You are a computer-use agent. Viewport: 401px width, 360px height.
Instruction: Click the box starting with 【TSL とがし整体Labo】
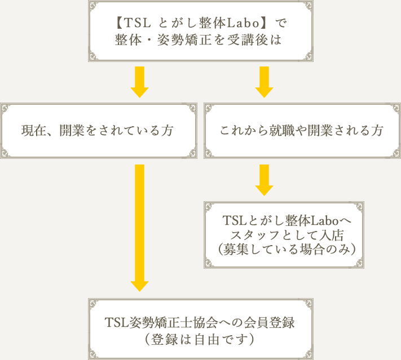pyautogui.click(x=200, y=31)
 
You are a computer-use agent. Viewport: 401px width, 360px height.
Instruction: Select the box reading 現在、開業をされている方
pyautogui.click(x=99, y=131)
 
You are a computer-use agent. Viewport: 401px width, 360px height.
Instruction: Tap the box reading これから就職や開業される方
pyautogui.click(x=302, y=131)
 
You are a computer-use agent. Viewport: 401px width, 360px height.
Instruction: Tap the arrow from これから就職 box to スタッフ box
pyautogui.click(x=264, y=180)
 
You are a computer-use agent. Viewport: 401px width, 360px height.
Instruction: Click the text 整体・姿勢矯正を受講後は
pyautogui.click(x=200, y=41)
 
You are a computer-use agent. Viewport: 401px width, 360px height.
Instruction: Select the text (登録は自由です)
pyautogui.click(x=200, y=339)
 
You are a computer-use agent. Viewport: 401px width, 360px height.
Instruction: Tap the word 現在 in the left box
pyautogui.click(x=31, y=131)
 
